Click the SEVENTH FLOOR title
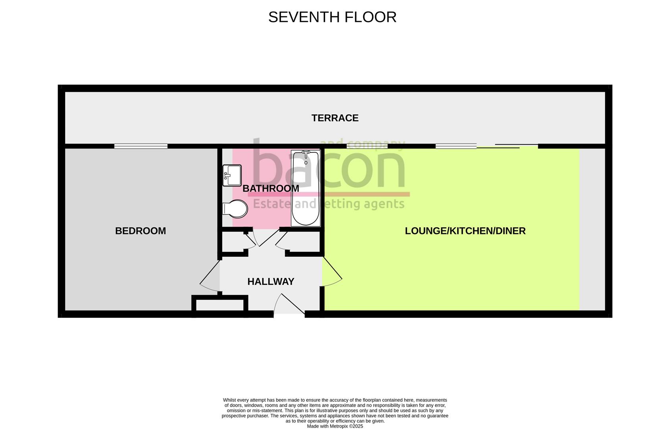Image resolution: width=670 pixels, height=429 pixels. tap(332, 17)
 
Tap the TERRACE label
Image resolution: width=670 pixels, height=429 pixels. tap(335, 118)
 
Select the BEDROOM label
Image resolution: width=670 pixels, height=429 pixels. tap(140, 231)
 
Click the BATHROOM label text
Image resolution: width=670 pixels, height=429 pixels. tap(271, 188)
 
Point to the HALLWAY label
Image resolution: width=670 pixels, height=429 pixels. tap(271, 282)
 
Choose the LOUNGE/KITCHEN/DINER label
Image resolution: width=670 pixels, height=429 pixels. tap(465, 231)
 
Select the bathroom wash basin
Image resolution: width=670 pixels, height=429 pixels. tap(232, 175)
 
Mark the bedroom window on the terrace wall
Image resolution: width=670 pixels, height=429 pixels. tap(141, 146)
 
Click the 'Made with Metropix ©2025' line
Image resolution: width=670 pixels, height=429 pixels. tap(335, 426)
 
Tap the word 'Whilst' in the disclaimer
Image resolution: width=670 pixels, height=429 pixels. tap(229, 400)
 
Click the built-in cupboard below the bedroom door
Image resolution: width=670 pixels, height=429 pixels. tap(220, 304)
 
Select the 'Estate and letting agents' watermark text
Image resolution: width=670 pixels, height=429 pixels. tap(329, 204)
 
